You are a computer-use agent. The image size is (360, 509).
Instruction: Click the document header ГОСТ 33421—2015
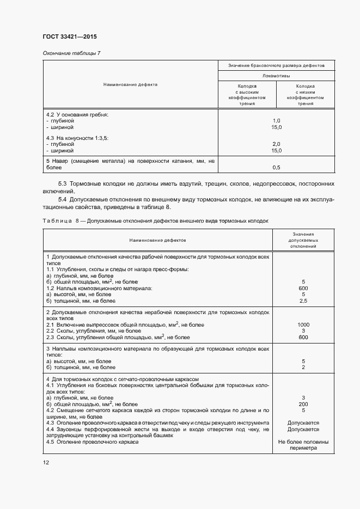(65, 37)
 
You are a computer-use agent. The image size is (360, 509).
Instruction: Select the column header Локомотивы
(276, 76)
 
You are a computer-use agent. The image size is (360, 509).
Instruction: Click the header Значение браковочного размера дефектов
(276, 65)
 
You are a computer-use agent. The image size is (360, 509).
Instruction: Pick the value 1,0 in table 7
(276, 121)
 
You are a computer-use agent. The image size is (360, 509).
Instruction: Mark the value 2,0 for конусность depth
(276, 144)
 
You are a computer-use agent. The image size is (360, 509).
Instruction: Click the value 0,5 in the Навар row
(276, 167)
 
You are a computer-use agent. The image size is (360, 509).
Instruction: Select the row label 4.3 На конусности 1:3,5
(77, 138)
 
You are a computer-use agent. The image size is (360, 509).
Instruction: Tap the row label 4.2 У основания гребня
(77, 115)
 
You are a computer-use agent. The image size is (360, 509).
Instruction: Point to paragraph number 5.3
(62, 184)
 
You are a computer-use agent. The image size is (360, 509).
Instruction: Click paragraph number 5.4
(62, 199)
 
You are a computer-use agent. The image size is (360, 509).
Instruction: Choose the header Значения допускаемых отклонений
(303, 240)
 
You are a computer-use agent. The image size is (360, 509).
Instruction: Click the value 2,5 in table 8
(303, 301)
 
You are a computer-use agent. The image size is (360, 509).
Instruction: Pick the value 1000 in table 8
(303, 325)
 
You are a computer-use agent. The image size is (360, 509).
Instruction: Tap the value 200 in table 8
(303, 404)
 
